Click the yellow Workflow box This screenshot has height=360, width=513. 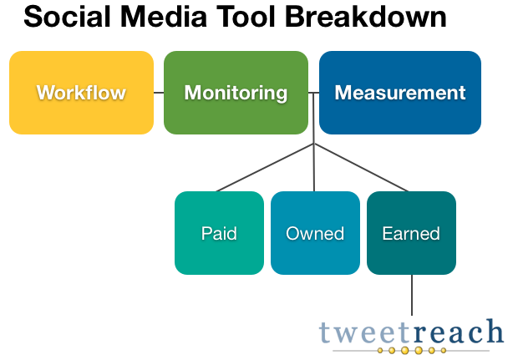tap(82, 93)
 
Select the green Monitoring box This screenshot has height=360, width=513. tap(236, 93)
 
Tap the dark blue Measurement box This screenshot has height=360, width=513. tap(400, 93)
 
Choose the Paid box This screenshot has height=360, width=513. tap(219, 233)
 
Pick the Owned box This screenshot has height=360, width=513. tap(315, 233)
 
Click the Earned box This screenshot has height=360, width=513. tap(411, 233)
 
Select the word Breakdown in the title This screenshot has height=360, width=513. tap(366, 17)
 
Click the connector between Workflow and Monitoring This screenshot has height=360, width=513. tap(159, 93)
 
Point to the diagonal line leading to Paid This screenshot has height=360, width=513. tap(265, 167)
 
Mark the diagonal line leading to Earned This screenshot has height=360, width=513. tap(361, 167)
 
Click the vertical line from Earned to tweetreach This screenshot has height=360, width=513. tap(412, 295)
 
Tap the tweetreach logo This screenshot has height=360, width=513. tap(411, 336)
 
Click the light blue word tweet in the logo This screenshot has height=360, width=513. tap(364, 332)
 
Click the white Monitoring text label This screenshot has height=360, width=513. tap(236, 93)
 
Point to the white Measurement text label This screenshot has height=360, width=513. tap(400, 93)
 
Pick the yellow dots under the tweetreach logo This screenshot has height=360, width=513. tap(412, 351)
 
